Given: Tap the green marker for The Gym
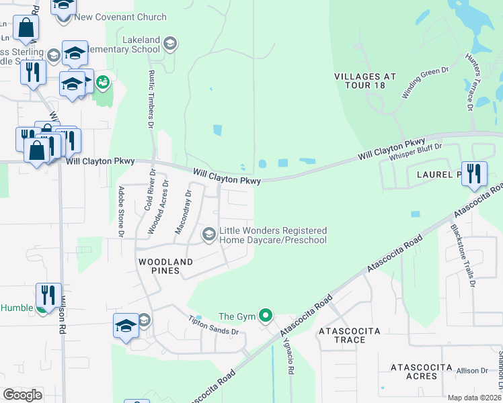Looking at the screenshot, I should [266, 314].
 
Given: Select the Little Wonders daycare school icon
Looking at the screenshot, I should [209, 233].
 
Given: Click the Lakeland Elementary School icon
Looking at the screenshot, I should [170, 44].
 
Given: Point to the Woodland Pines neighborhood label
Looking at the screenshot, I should [165, 265].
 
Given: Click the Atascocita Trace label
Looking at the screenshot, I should [349, 335].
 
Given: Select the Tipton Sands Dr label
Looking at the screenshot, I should [213, 326].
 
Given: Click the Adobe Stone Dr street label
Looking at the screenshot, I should [122, 211].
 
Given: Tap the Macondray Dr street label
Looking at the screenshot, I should [184, 212].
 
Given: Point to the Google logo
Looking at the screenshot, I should [22, 394].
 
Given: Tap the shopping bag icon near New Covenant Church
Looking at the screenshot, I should [26, 28].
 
